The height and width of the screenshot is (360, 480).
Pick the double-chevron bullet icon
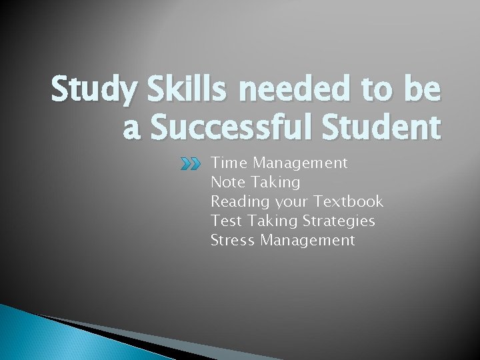tap(192, 163)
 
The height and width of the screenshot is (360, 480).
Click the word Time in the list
tap(229, 163)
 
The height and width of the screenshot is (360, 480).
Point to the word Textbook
tap(349, 201)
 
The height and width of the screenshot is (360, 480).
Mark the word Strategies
tap(339, 221)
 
